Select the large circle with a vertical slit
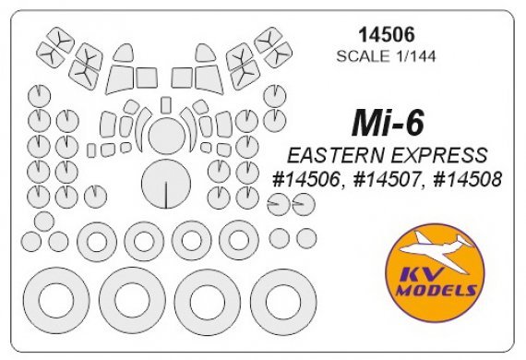[x=165, y=182]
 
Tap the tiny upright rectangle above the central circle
[x=165, y=103]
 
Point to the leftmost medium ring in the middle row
[x=97, y=242]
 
